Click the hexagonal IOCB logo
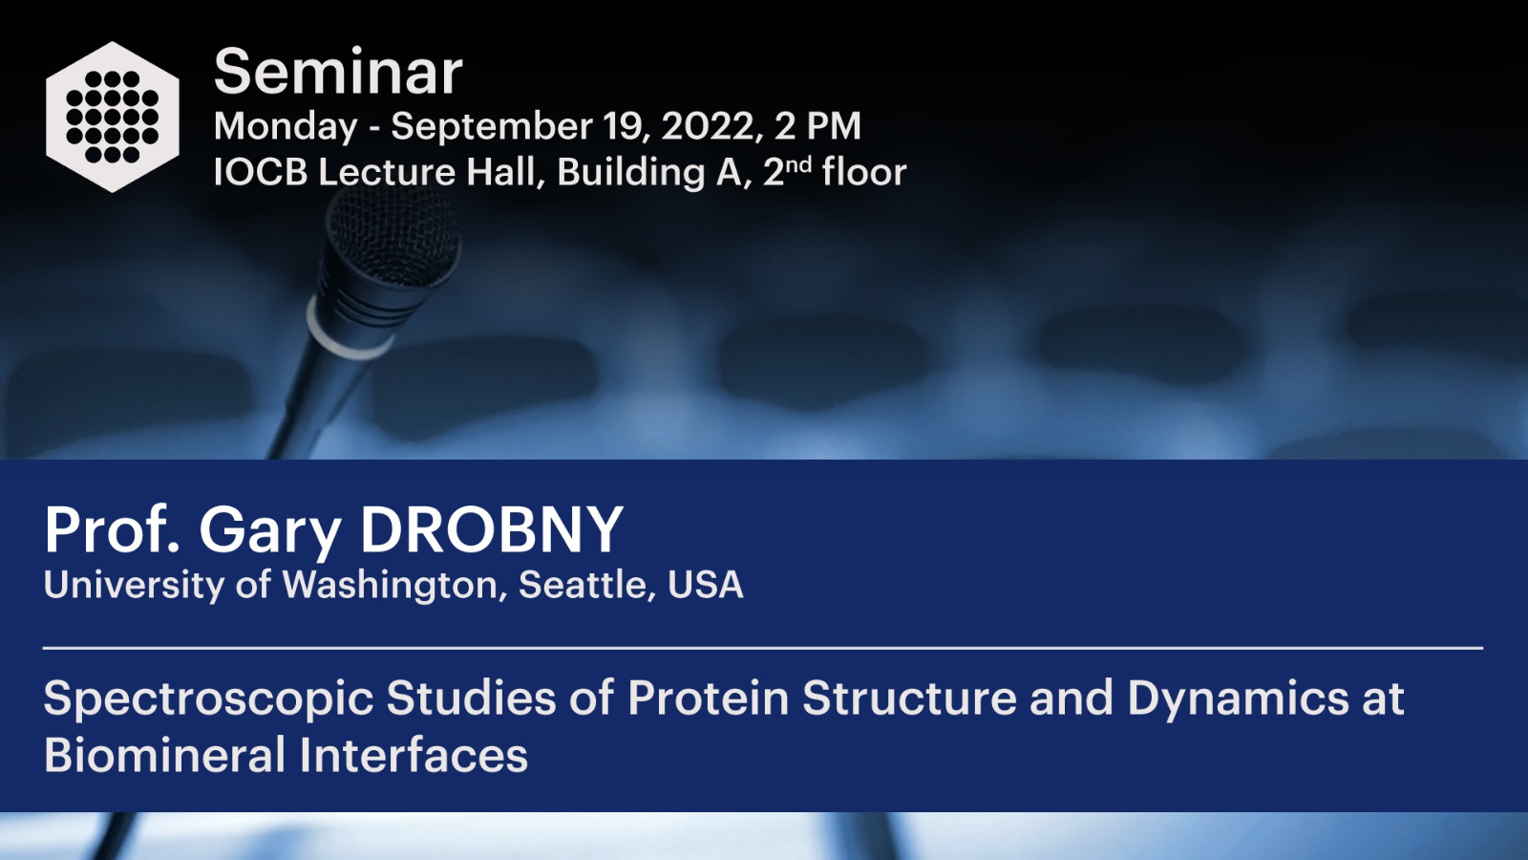pyautogui.click(x=113, y=117)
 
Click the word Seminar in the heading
pyautogui.click(x=338, y=72)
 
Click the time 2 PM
pyautogui.click(x=817, y=125)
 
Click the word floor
pyautogui.click(x=864, y=171)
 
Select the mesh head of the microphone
pyautogui.click(x=393, y=238)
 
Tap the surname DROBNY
pyautogui.click(x=491, y=529)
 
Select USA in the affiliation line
pyautogui.click(x=706, y=585)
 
